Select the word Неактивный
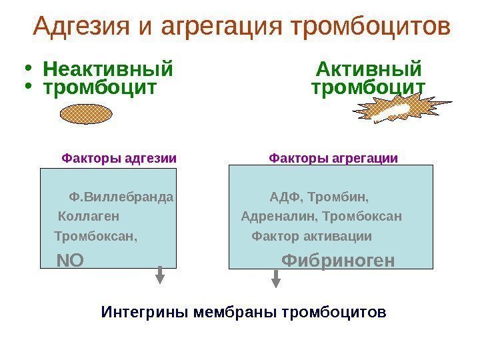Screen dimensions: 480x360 point(107,69)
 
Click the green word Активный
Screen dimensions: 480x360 point(368,69)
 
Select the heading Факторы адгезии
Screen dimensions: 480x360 point(119,159)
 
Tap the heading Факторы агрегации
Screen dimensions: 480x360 point(333,159)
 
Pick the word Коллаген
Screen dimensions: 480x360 point(89,217)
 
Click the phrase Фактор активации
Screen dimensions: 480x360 point(311,237)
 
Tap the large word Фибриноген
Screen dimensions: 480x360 point(339,259)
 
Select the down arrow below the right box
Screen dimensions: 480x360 point(277,279)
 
